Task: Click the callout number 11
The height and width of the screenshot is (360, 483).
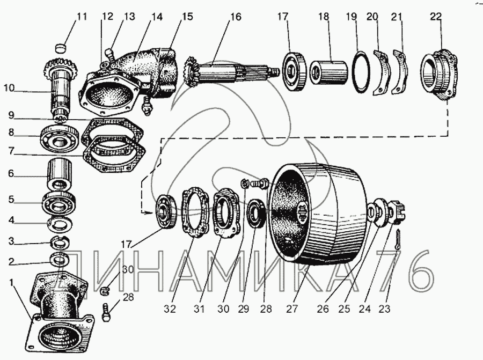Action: tap(81, 17)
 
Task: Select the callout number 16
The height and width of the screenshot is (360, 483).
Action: tap(236, 16)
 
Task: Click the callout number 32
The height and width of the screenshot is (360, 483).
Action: tap(170, 309)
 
